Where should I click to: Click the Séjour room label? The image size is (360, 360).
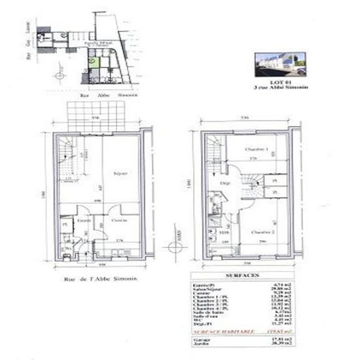(x=120, y=173)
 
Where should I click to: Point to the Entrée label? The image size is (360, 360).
(x=84, y=221)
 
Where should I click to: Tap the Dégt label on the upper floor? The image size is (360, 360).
(x=223, y=185)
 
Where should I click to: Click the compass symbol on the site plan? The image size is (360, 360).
(x=61, y=76)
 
